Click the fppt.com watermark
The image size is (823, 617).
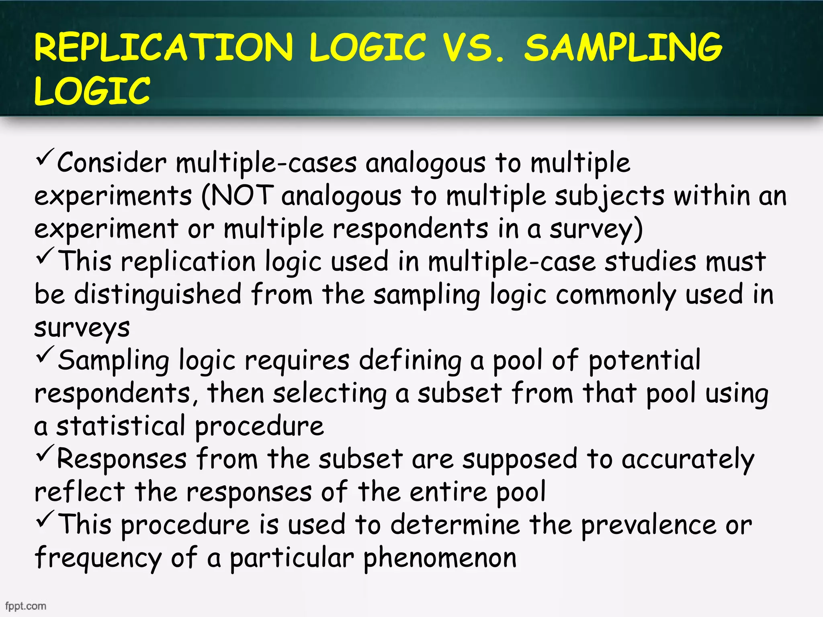pos(26,606)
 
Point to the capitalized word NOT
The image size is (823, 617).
pos(242,196)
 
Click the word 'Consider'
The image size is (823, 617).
pos(112,163)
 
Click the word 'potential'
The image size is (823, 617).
pos(645,360)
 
